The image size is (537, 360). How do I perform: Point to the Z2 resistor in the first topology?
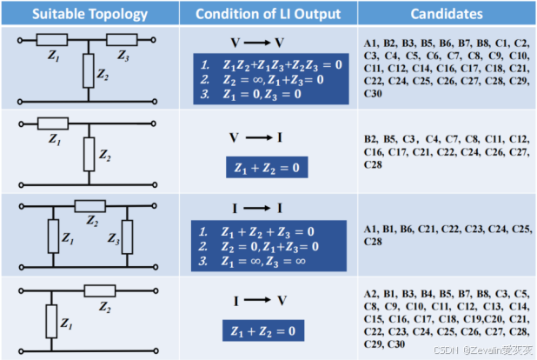tap(87, 69)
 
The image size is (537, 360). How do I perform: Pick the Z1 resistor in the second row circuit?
tap(53, 123)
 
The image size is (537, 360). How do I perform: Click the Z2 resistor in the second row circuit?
tap(87, 153)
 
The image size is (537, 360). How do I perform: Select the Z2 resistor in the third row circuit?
tap(89, 205)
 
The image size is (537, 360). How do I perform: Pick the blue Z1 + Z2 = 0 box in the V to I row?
tap(267, 168)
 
